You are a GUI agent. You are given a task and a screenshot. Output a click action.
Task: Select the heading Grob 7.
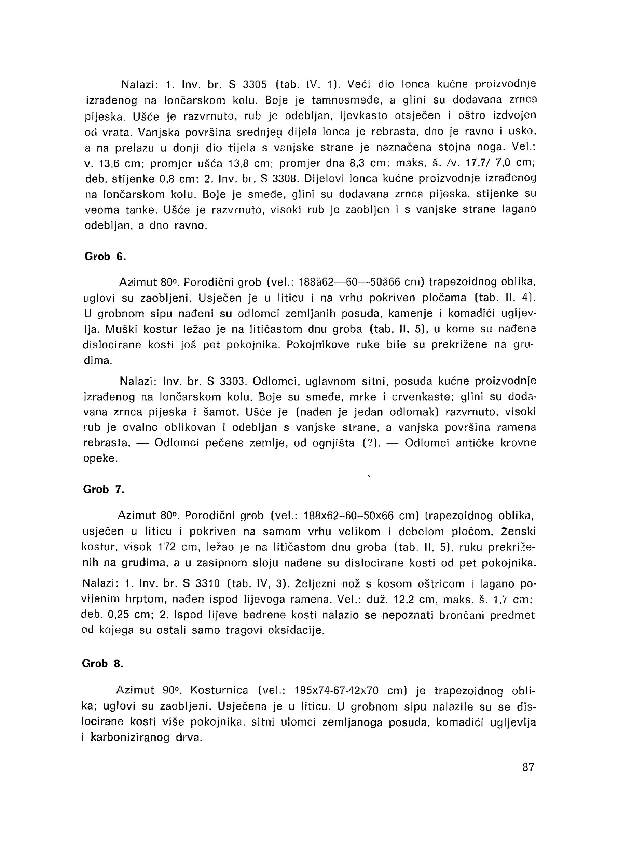[x=104, y=489]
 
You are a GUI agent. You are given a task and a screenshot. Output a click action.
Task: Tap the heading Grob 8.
[x=103, y=663]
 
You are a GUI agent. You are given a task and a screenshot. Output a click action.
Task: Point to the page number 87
[x=528, y=767]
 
